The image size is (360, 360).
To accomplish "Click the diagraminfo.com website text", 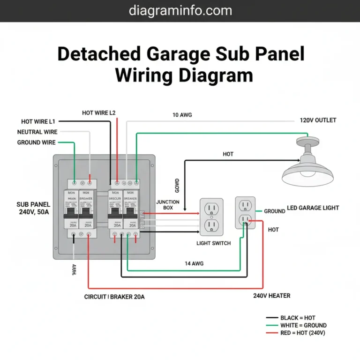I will pos(180,10).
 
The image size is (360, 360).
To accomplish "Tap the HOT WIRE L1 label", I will pos(38,121).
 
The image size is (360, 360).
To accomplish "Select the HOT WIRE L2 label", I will pos(98,113).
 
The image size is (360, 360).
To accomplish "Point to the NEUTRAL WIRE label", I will pos(37,132).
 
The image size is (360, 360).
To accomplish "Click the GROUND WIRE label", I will pos(36,142).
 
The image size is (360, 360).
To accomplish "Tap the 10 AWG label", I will pos(182,115).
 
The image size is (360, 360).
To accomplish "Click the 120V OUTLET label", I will pos(318,120).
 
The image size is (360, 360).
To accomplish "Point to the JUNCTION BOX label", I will pos(167,205).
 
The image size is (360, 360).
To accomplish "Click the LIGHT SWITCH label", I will pos(213,243).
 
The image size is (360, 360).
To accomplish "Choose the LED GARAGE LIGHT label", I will pos(313,208).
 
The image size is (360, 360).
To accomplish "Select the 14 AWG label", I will pos(194,264).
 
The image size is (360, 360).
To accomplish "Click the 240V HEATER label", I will pos(271,296).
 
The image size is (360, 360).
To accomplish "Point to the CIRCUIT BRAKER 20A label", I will pos(115,297).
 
